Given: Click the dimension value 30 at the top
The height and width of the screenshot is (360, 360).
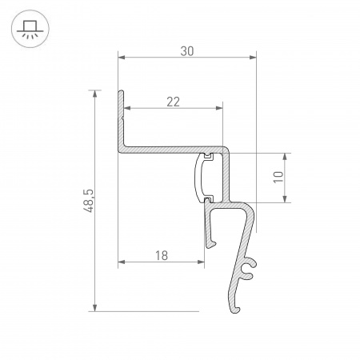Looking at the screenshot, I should (186, 50).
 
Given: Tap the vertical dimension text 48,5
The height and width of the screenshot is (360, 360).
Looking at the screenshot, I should (89, 200).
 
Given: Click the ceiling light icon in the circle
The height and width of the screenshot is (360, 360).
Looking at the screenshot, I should (30, 30).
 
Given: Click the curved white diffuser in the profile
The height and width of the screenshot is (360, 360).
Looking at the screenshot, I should (200, 177).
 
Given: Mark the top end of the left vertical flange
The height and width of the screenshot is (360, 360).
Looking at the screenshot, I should (122, 93).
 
